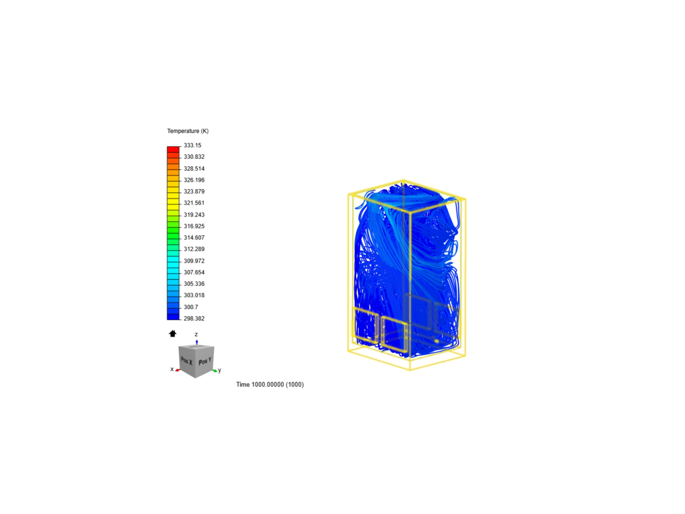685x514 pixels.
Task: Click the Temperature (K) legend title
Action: [x=187, y=131]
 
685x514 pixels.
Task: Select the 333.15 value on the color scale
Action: [x=192, y=146]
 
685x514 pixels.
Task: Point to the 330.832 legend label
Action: [x=194, y=157]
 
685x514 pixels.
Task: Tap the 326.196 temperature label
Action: [x=194, y=180]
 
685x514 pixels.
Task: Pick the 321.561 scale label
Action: [x=194, y=203]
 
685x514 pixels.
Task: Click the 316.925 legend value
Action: [x=194, y=226]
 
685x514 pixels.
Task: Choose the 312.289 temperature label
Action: [x=194, y=249]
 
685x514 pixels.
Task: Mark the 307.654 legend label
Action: [x=194, y=272]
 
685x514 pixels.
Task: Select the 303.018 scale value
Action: [x=194, y=295]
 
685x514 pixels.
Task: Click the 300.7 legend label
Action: [x=191, y=307]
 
